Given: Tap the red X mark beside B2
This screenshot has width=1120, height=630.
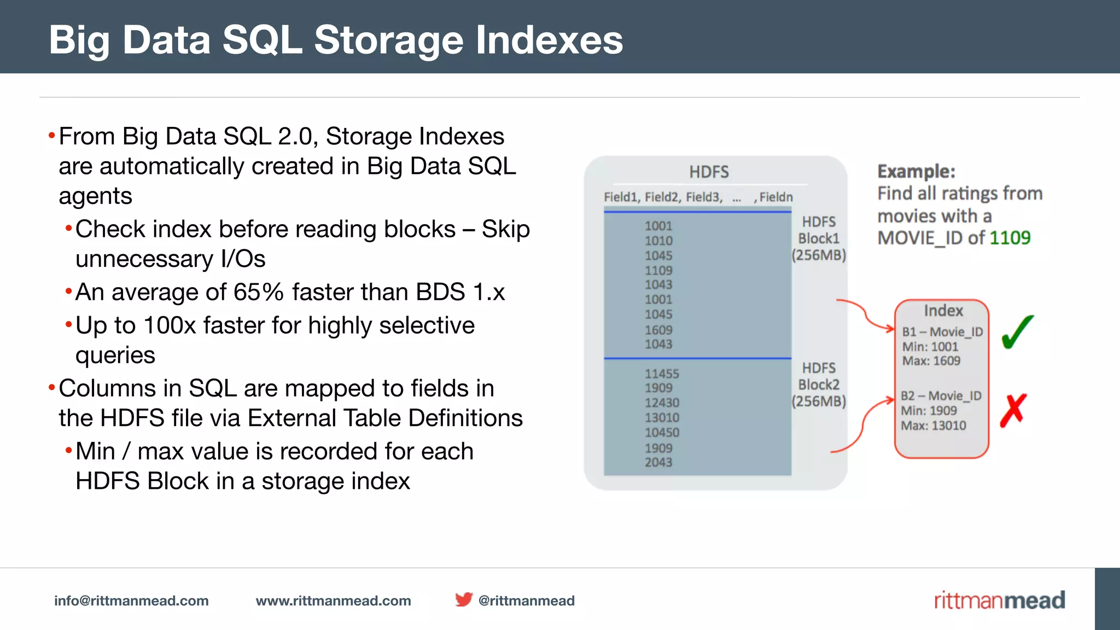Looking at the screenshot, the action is click(x=1013, y=410).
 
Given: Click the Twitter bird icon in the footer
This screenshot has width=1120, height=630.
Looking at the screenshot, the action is click(x=464, y=599).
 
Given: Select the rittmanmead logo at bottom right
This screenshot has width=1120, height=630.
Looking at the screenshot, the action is click(x=999, y=600).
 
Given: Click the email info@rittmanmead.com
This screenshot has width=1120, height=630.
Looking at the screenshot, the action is click(x=131, y=600).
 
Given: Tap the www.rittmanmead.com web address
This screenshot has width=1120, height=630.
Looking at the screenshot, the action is click(x=333, y=600).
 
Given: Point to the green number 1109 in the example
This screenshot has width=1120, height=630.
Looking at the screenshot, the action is click(x=1010, y=238).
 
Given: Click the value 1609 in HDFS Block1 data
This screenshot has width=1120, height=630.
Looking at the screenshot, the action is click(x=658, y=330).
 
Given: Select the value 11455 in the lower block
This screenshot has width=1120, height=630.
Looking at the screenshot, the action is click(x=662, y=374).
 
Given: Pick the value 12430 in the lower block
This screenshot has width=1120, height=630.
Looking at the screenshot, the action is click(x=662, y=403).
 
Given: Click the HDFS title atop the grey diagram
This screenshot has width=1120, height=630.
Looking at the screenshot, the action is click(x=709, y=172).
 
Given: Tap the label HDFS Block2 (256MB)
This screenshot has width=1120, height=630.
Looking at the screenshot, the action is click(x=819, y=384).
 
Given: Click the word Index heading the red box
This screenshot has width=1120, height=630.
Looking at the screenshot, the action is click(x=943, y=311).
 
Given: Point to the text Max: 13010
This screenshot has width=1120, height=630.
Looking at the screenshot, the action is click(x=934, y=425).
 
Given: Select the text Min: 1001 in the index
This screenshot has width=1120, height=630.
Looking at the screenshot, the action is click(x=930, y=347).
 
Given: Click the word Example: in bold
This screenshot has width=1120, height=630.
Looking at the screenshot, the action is click(x=917, y=172).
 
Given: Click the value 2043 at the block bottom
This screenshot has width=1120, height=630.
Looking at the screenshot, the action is click(x=658, y=463).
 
